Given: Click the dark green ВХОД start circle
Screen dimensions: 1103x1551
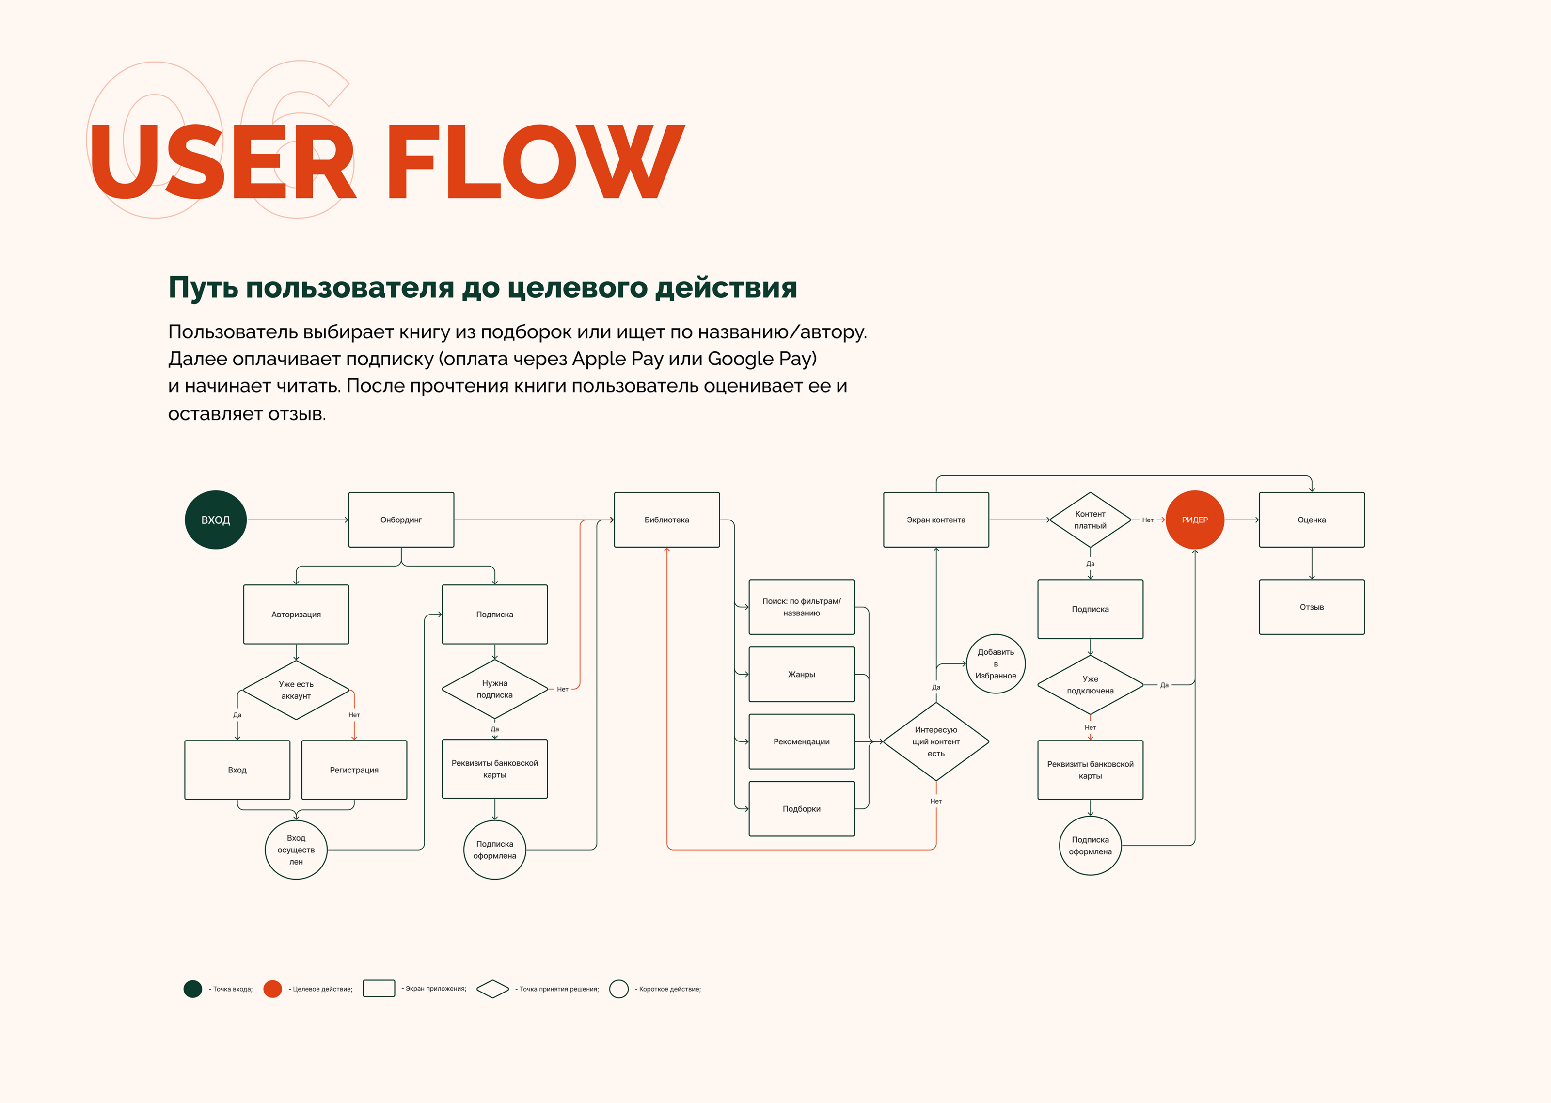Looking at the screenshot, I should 215,520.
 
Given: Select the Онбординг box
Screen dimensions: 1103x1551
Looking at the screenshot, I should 401,520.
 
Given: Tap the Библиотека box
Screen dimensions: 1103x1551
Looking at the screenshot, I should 666,520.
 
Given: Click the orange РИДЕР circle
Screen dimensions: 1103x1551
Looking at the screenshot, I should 1194,520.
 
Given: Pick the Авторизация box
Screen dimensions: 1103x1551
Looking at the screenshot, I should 296,614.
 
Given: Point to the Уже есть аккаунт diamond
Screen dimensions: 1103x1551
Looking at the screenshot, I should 296,690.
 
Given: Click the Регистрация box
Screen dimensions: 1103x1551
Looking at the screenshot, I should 354,770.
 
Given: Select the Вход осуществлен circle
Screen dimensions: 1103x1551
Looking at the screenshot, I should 296,850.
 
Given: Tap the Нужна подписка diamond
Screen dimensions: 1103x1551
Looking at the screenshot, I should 494,689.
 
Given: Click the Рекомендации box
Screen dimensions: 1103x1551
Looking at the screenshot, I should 801,741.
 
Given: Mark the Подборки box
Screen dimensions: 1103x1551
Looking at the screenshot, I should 801,809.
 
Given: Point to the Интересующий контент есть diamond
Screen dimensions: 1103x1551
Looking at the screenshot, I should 936,741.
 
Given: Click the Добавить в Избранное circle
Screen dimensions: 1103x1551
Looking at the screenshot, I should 996,663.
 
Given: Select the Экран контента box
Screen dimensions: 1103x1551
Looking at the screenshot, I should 936,520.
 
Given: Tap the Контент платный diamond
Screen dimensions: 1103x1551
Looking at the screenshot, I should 1090,520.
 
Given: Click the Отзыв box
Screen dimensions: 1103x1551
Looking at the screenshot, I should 1311,607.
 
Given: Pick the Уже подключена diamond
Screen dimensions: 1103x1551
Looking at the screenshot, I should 1090,685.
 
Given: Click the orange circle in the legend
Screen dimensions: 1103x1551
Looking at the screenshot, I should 272,989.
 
